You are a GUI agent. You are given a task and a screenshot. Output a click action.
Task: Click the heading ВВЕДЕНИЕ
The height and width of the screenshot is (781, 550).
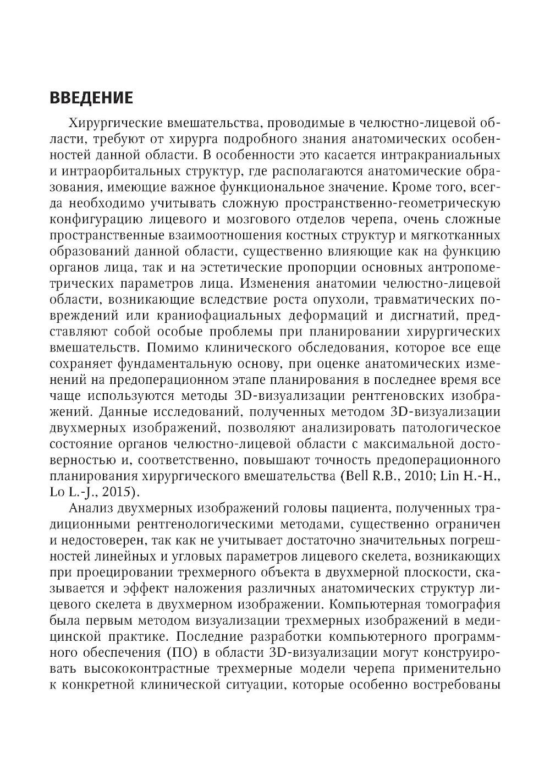pos(91,98)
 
